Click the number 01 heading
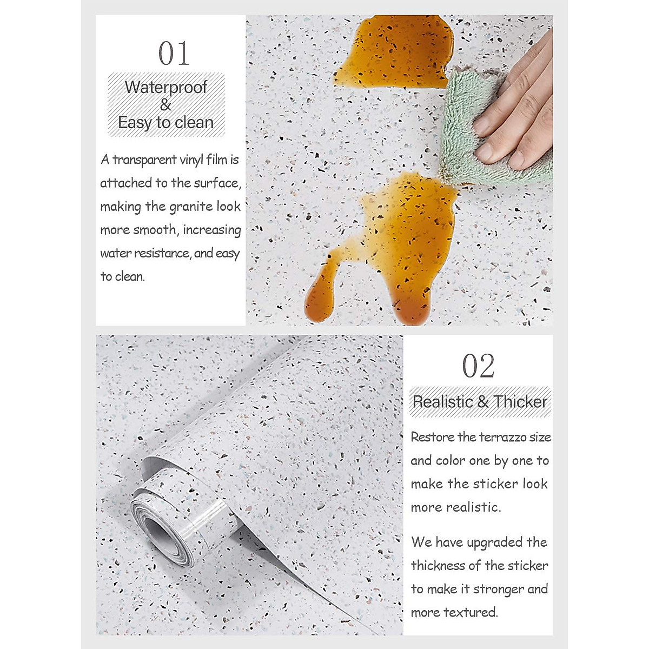pyautogui.click(x=174, y=54)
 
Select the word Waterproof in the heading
pyautogui.click(x=165, y=87)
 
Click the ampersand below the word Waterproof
pyautogui.click(x=165, y=105)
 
